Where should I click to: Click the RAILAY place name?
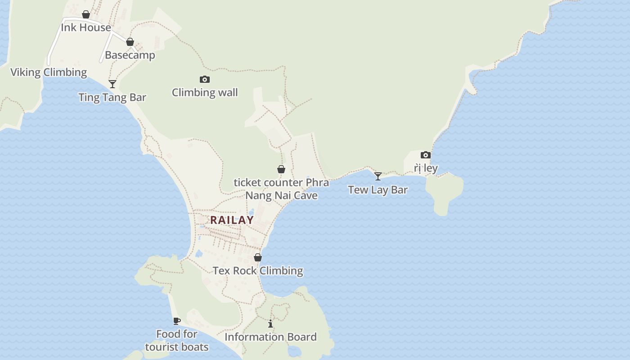tap(232, 220)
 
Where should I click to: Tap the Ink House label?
tap(86, 27)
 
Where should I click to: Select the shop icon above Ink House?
tap(86, 14)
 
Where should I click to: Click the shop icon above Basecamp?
tap(130, 42)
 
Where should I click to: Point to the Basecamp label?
tap(130, 55)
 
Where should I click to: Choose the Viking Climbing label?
tap(49, 72)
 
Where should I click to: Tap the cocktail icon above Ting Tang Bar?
tap(112, 84)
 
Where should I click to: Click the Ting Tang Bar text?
tap(112, 97)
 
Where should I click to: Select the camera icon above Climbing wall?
tap(205, 80)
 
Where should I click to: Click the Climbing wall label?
tap(205, 93)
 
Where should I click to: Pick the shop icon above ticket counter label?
tap(281, 169)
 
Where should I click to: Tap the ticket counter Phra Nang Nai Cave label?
tap(281, 189)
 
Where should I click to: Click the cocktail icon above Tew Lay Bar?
tap(378, 176)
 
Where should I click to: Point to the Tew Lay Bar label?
tap(378, 190)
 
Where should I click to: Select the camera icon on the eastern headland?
tap(426, 155)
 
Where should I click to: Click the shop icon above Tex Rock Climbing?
tap(258, 257)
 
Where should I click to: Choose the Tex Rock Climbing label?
tap(258, 271)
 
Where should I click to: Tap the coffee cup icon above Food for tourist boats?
tap(177, 321)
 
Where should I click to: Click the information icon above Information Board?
tap(270, 324)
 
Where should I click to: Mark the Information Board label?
tap(270, 337)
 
